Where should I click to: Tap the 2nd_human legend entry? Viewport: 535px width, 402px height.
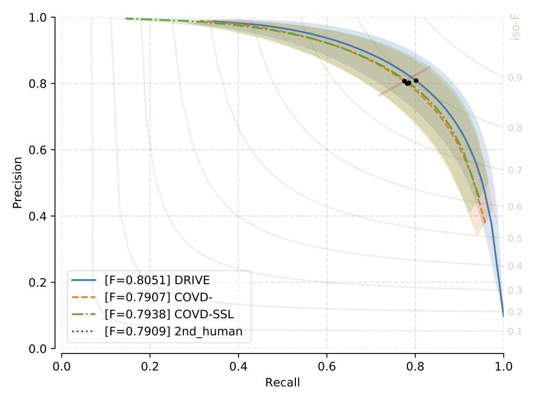[173, 332]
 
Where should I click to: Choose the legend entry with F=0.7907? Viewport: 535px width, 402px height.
[156, 296]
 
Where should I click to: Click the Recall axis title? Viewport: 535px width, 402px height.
[283, 382]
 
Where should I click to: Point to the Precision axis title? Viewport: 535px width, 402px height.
[17, 183]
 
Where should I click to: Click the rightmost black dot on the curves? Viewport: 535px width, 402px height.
[416, 80]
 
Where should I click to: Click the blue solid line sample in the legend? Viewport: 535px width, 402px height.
[86, 279]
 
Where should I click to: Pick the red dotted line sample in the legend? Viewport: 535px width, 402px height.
[86, 332]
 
